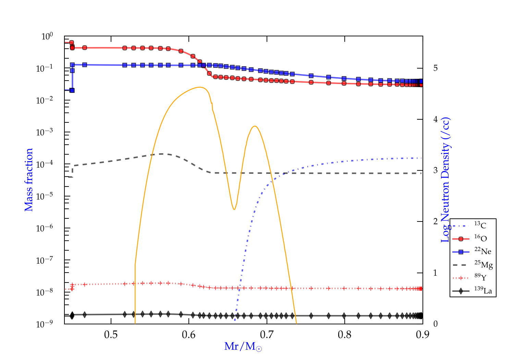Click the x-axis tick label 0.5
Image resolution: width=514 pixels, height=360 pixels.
click(x=111, y=335)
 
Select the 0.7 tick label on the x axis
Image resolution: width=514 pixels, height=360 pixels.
click(x=267, y=335)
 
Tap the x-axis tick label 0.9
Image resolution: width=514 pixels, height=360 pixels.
click(x=423, y=335)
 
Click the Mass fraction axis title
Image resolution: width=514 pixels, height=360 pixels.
click(x=28, y=180)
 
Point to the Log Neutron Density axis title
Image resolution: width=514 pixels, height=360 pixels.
click(x=445, y=180)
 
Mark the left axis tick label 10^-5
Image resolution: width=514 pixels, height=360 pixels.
click(x=45, y=196)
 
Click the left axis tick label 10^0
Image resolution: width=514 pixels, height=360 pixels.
click(x=47, y=36)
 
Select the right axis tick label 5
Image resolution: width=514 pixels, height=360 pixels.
click(x=435, y=68)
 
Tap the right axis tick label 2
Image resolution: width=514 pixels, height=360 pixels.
click(x=435, y=221)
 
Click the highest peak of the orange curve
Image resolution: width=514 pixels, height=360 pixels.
click(x=200, y=87)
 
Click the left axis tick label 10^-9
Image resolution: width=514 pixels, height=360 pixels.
click(x=45, y=324)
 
